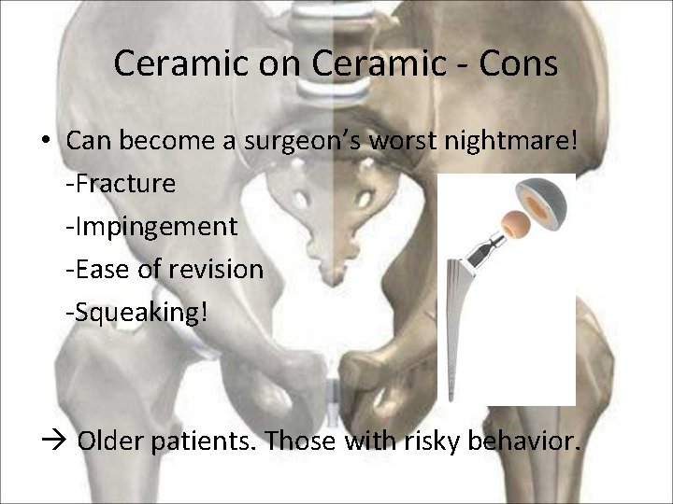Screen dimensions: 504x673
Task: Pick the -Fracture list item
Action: [x=121, y=184]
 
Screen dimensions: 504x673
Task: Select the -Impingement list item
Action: [x=151, y=227]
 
